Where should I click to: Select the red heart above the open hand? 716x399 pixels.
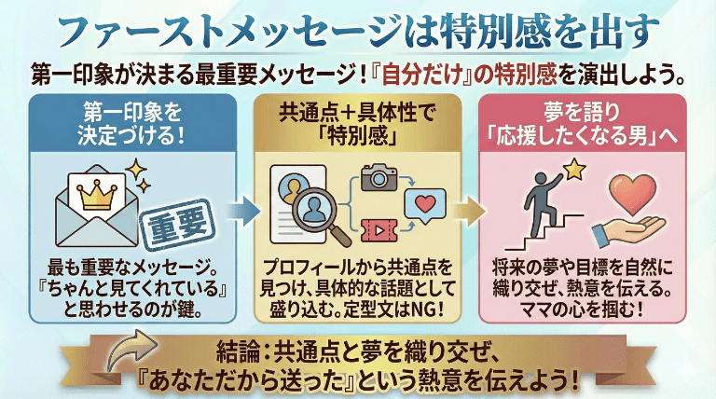[635, 193]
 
